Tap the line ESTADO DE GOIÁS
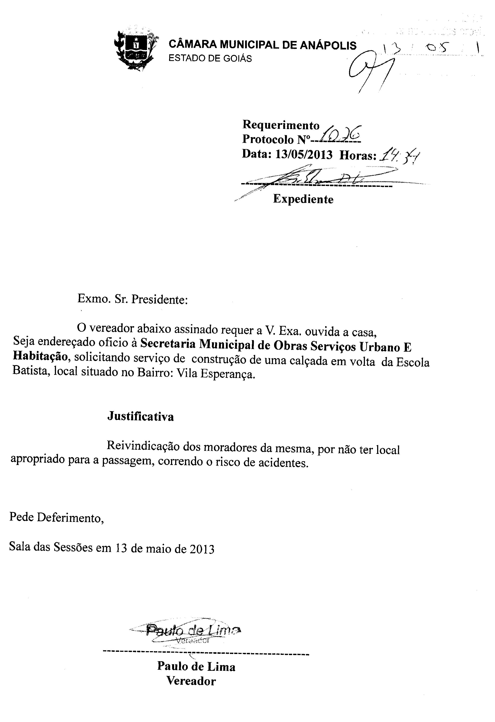(210, 58)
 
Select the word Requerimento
(281, 125)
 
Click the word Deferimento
(70, 518)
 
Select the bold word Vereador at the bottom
(191, 681)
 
